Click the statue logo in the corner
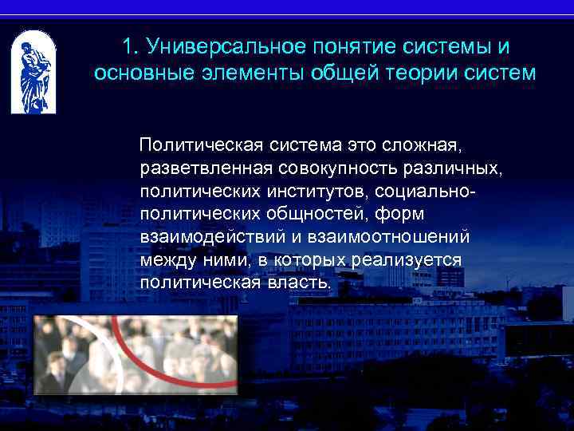click(34, 73)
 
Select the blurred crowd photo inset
click(136, 354)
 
